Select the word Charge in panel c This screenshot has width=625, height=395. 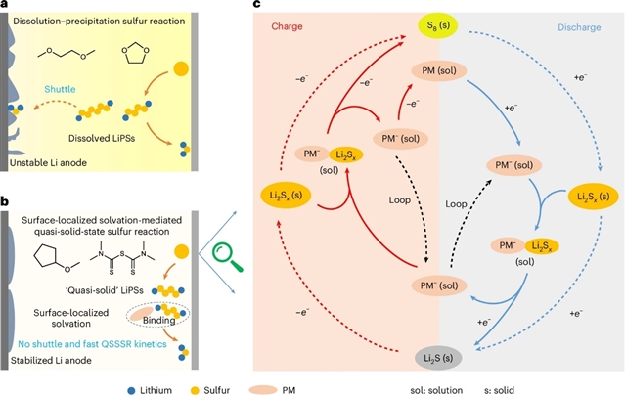pos(290,25)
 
